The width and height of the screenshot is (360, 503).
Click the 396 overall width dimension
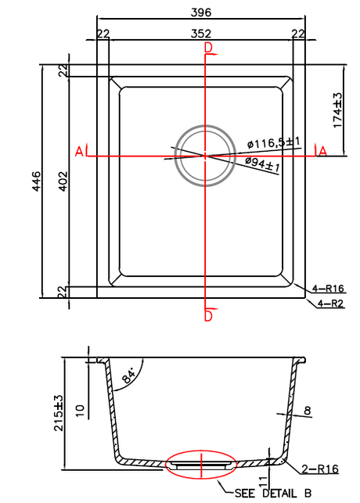pyautogui.click(x=201, y=13)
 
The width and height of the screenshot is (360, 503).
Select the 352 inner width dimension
pyautogui.click(x=201, y=34)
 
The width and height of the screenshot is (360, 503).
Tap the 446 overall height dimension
pyautogui.click(x=37, y=181)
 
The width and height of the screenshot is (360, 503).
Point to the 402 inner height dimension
pyautogui.click(x=63, y=181)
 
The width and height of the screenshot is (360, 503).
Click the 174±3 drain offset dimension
pyautogui.click(x=338, y=110)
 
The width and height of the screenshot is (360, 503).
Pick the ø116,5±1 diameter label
pyautogui.click(x=274, y=142)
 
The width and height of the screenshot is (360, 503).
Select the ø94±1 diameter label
pyautogui.click(x=262, y=164)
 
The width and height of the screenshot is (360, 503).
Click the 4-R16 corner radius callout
pyautogui.click(x=328, y=289)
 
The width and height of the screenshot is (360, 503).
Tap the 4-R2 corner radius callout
pyautogui.click(x=330, y=304)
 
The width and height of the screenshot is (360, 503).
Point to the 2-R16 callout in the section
pyautogui.click(x=320, y=469)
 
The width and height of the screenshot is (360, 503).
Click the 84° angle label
pyautogui.click(x=129, y=376)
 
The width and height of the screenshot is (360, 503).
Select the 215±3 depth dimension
pyautogui.click(x=59, y=413)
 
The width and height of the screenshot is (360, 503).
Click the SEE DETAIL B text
pyautogui.click(x=272, y=493)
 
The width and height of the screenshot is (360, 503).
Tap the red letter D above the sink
pyautogui.click(x=208, y=48)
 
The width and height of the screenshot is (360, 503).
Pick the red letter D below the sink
pyautogui.click(x=208, y=316)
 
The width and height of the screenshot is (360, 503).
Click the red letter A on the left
pyautogui.click(x=79, y=151)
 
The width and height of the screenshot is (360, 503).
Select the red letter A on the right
pyautogui.click(x=322, y=151)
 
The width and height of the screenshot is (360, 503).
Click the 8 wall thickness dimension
pyautogui.click(x=308, y=411)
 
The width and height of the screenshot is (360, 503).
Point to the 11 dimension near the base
pyautogui.click(x=263, y=482)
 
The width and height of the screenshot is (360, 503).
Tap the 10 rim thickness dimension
pyautogui.click(x=79, y=411)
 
